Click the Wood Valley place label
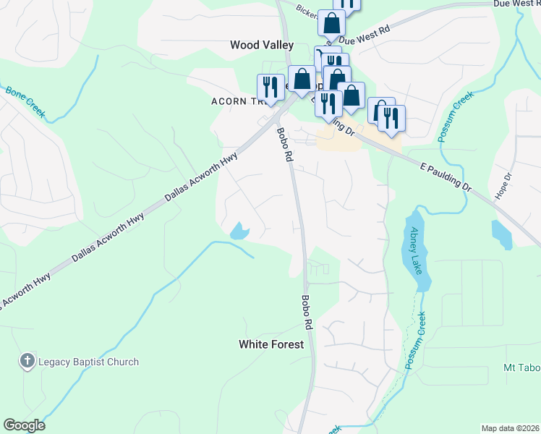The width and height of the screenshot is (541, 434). click(x=262, y=45)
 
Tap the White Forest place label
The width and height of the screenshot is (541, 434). click(x=271, y=345)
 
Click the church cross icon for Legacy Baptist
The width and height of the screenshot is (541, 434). click(x=27, y=361)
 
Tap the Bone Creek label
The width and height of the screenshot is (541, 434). click(x=25, y=103)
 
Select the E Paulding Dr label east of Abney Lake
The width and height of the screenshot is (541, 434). click(x=446, y=176)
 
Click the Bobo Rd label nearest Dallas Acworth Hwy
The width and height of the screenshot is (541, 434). click(x=284, y=144)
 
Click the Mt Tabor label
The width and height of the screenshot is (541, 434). click(x=521, y=368)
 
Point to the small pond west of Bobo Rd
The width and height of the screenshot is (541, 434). click(x=238, y=231)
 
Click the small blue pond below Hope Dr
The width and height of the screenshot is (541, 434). click(x=501, y=234)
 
